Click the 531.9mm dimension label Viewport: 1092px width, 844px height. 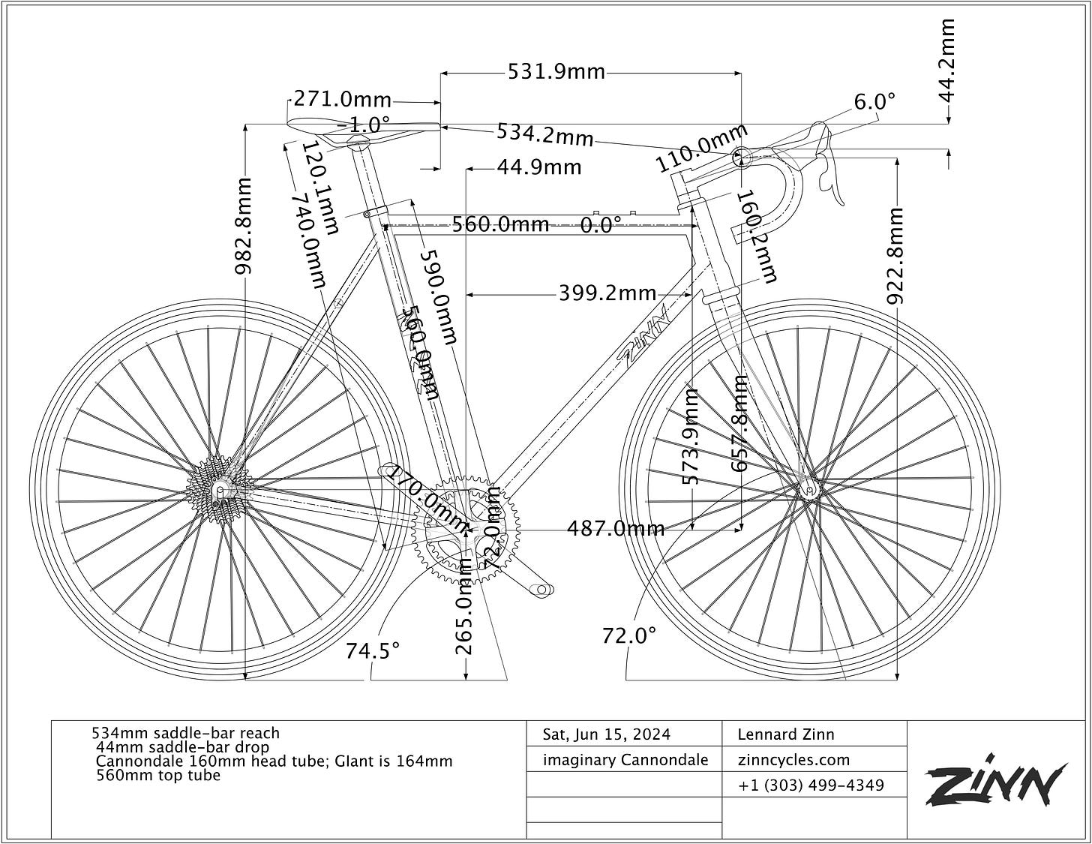tap(556, 72)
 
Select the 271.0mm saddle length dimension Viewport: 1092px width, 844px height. tap(342, 99)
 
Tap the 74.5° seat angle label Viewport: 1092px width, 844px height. tap(373, 650)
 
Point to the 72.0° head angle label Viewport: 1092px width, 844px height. tap(629, 635)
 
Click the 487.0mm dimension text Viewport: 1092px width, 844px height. tap(616, 529)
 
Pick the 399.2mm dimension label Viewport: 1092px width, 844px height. tap(607, 293)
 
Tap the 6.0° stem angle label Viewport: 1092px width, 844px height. tap(874, 101)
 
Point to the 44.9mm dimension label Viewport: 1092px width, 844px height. tap(539, 167)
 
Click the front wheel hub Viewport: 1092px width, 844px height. tap(808, 488)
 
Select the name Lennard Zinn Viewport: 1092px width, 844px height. tap(785, 734)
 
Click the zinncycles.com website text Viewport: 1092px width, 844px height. tap(793, 759)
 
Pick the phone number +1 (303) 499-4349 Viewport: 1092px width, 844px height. tap(811, 785)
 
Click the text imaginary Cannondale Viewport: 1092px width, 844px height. tap(625, 760)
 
